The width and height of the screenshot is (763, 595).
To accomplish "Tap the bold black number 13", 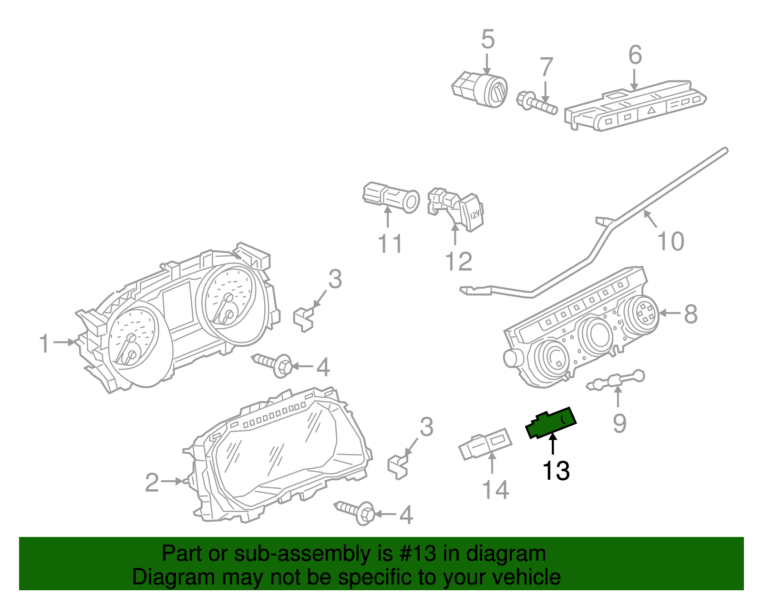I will (556, 471).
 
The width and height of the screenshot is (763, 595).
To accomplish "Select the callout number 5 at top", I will (487, 40).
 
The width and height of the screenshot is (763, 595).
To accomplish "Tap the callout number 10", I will (670, 241).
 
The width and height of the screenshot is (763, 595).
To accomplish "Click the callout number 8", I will (691, 314).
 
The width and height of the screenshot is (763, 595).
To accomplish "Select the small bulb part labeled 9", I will (617, 381).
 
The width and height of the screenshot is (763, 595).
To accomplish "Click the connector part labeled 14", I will (485, 444).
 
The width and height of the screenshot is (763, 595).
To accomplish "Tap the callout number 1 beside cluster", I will (44, 343).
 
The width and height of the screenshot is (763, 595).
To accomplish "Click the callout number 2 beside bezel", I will (152, 483).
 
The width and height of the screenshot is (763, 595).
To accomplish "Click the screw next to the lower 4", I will (355, 512).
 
